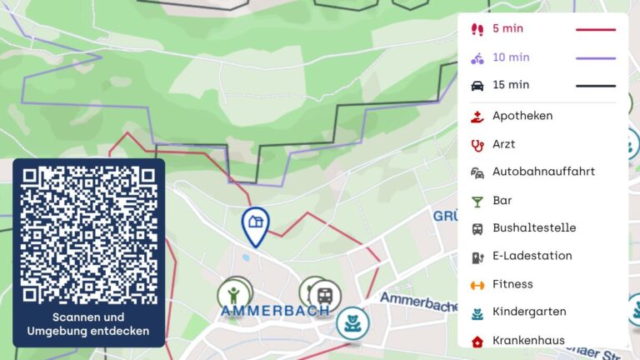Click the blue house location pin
tap(255, 223)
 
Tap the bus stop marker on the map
tap(325, 295)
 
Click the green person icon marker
tap(234, 294)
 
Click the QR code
tap(88, 235)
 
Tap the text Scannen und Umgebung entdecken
tap(88, 324)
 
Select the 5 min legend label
tap(507, 28)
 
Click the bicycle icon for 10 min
tap(477, 57)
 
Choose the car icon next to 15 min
tap(477, 85)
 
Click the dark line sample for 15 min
tap(596, 85)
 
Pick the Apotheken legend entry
tap(522, 116)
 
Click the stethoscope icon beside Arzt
tap(477, 144)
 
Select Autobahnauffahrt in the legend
tap(543, 172)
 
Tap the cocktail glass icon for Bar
tap(477, 201)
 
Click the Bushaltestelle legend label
tap(534, 227)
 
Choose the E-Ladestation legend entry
tap(532, 256)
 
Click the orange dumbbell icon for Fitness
tap(477, 284)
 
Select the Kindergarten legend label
tap(529, 312)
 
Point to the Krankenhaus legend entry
tap(528, 340)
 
